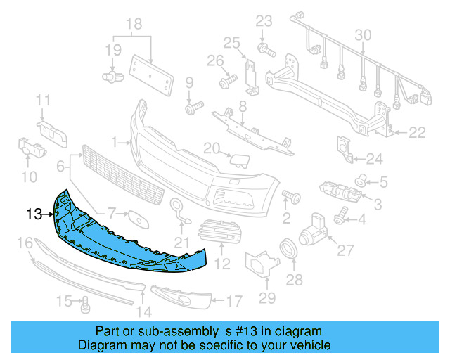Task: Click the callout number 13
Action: pos(35,213)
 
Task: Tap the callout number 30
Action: pos(363,34)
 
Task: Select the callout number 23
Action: pos(263,20)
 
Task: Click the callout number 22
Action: pos(418,131)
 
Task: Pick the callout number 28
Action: pos(293,280)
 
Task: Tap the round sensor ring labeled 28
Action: pos(288,249)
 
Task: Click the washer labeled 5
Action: pos(361,179)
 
